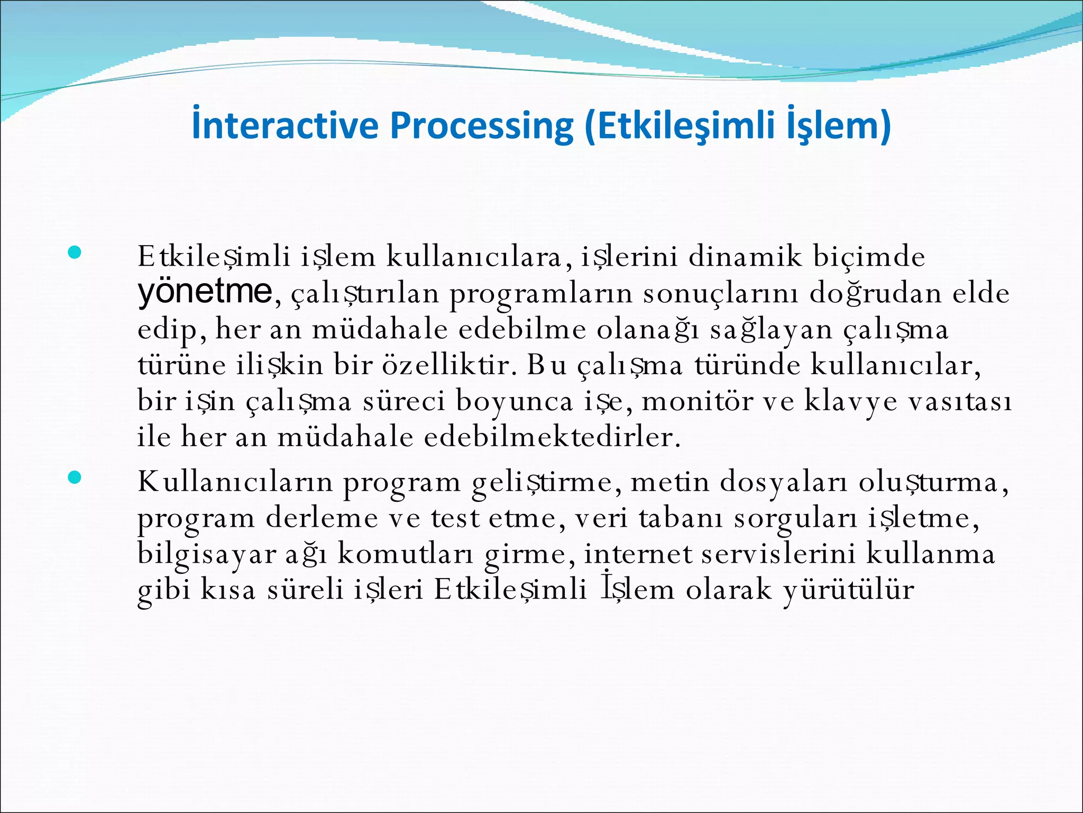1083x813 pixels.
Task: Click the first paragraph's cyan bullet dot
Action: click(x=75, y=253)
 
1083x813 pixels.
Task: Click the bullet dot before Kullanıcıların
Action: click(x=75, y=478)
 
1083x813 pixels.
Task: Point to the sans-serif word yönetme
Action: click(x=205, y=292)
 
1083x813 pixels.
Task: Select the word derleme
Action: click(x=322, y=518)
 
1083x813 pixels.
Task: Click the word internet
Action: click(x=638, y=554)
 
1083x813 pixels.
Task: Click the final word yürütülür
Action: click(x=848, y=590)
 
